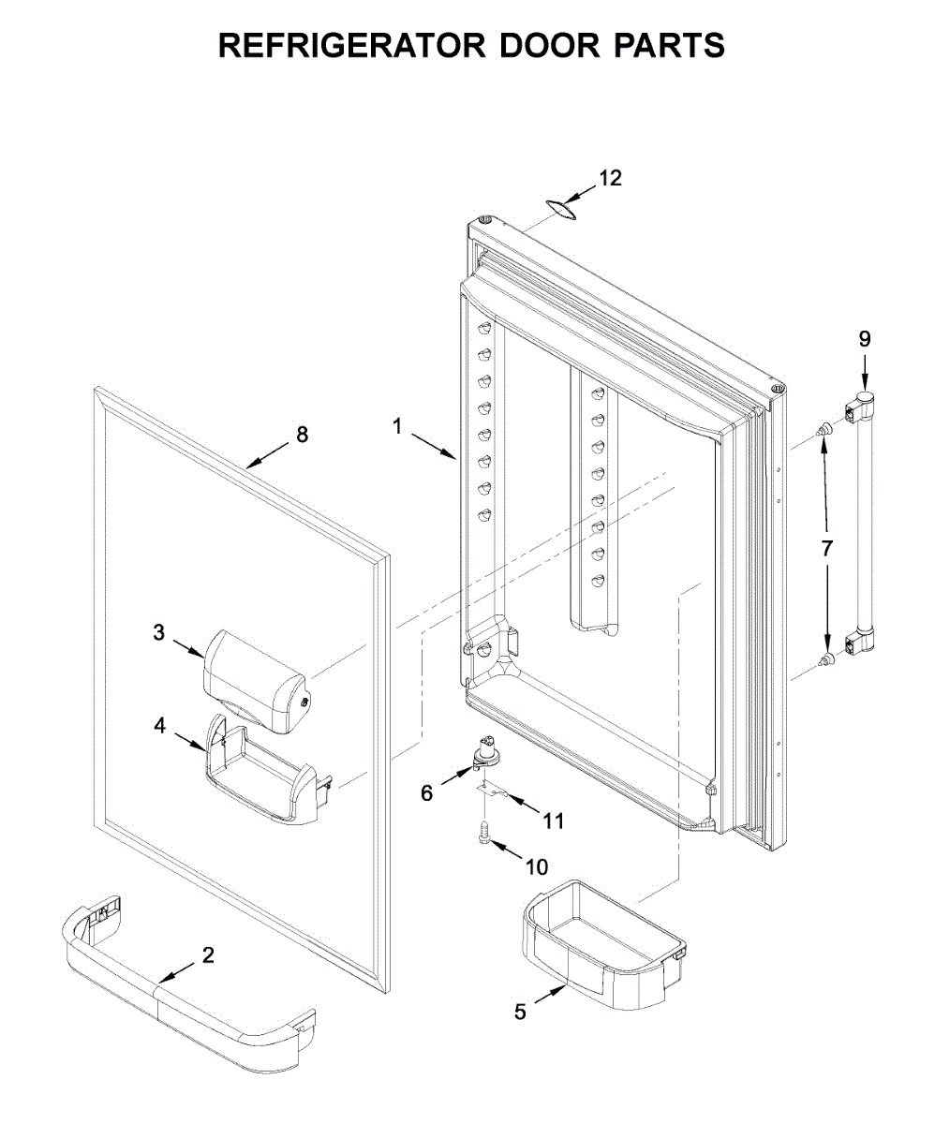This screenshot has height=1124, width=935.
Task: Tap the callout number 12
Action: [610, 178]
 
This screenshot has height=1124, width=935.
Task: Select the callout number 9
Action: [864, 337]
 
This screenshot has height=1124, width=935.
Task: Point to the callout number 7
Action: [826, 549]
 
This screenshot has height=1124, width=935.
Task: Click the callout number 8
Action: [301, 434]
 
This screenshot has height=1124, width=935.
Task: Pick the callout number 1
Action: [397, 426]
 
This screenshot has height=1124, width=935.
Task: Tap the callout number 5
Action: [521, 1012]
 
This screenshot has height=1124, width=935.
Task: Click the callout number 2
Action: [208, 954]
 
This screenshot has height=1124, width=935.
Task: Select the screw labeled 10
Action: [484, 832]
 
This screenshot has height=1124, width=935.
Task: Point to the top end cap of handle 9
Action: [863, 405]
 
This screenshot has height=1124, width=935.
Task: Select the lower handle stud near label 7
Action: [825, 662]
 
